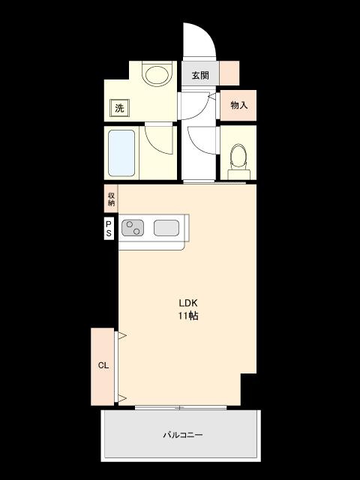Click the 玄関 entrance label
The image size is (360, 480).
coord(199,75)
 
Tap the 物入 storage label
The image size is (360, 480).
coord(238,105)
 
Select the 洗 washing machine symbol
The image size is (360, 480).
coord(119,108)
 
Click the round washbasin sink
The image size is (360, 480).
coord(157,74)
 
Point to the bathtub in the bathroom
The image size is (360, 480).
coord(121,154)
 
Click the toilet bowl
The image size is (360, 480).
coord(238,157)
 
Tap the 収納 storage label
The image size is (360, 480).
coord(111,198)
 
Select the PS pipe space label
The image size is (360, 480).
coord(109,228)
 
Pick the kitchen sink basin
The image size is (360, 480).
coord(166,226)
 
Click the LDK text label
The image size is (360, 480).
coord(187,303)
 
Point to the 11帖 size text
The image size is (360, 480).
coord(187,316)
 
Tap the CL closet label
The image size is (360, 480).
coord(103,366)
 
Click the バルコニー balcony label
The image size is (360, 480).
coord(184,434)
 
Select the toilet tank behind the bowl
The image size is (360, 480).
coord(238,175)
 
